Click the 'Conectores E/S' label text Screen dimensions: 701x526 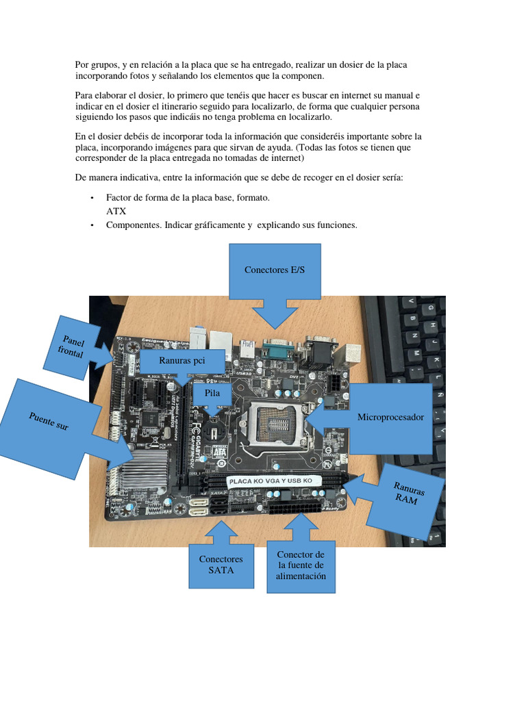tap(275, 270)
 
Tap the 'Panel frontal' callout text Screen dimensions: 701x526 tap(71, 346)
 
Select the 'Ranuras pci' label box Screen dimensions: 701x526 tap(182, 360)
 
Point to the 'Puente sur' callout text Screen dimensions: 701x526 tap(49, 421)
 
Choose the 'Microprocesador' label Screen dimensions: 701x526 tap(390, 417)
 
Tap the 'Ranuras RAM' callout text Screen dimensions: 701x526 tap(409, 492)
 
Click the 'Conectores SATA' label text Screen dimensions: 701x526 tap(221, 564)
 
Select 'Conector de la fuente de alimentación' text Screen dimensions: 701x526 tap(301, 565)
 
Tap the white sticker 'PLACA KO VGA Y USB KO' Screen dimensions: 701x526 tap(274, 481)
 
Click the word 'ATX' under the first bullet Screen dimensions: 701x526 tap(116, 212)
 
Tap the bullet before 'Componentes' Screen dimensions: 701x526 tap(92, 225)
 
